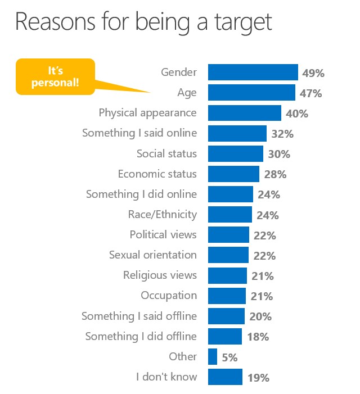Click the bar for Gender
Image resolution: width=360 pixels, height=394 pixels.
click(x=253, y=72)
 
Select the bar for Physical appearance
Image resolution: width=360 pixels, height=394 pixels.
click(x=244, y=113)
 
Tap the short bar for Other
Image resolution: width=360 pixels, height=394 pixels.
click(x=213, y=356)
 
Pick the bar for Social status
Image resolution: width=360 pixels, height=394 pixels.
click(x=235, y=153)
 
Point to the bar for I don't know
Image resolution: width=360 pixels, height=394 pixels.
click(x=225, y=377)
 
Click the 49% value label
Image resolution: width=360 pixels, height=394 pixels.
click(x=313, y=73)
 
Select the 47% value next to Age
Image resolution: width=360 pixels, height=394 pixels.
click(x=310, y=93)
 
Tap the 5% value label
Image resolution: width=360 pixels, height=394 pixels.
click(x=229, y=357)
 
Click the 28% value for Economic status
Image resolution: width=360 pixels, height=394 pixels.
click(x=275, y=175)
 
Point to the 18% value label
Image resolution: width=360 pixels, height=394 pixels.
click(x=258, y=337)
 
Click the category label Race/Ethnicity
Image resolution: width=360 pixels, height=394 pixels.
click(x=163, y=214)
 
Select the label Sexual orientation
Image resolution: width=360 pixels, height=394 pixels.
click(x=153, y=255)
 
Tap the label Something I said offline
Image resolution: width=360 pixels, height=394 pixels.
click(x=139, y=316)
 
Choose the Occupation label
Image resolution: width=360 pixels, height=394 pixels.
click(x=169, y=295)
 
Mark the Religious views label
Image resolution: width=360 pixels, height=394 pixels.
click(x=160, y=275)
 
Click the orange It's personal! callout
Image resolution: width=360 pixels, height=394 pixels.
click(x=55, y=77)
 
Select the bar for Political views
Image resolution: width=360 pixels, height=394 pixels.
click(x=228, y=234)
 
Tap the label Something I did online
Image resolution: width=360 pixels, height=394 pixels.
click(x=141, y=194)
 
